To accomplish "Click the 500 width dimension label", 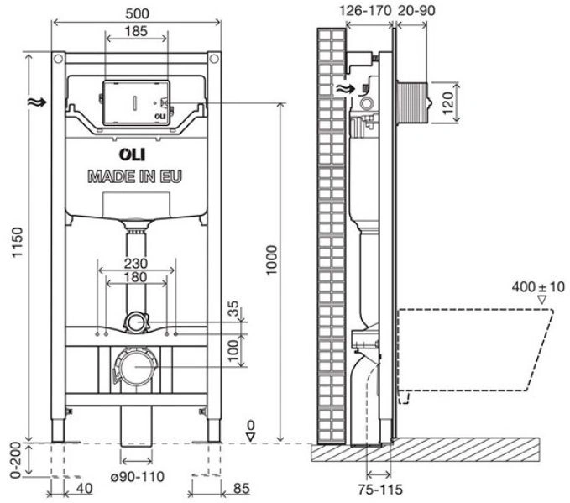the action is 137,13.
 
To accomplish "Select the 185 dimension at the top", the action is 136,31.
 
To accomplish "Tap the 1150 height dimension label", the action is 17,242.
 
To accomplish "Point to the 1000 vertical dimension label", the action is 271,260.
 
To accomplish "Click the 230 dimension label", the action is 136,263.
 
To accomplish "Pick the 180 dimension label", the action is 136,277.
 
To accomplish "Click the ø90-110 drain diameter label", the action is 138,476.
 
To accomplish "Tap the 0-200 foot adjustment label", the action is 17,460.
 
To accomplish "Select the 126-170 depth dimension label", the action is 365,11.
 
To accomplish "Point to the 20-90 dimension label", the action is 416,11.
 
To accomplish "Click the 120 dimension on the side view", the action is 448,103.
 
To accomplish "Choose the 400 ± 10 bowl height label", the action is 538,286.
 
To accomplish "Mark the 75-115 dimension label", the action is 380,490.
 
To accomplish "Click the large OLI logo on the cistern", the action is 133,155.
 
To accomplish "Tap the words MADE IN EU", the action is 135,176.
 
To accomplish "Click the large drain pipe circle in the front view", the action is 136,367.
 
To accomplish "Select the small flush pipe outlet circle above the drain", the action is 136,322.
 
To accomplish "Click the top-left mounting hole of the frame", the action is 57,59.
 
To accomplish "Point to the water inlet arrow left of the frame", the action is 37,102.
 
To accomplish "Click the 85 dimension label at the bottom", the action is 242,488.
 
